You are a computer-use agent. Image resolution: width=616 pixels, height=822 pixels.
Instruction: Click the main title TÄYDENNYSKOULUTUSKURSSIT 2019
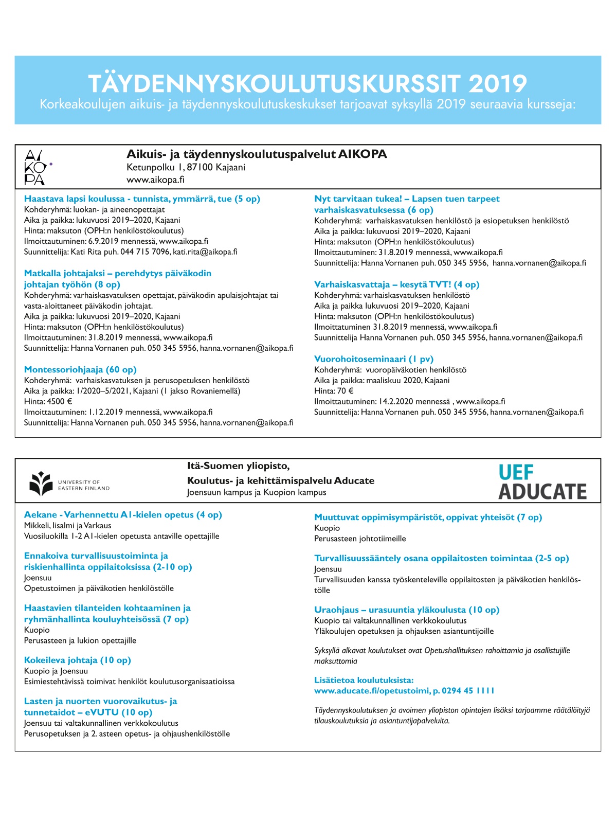307,83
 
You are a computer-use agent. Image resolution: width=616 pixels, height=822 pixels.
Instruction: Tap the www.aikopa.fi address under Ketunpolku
155,180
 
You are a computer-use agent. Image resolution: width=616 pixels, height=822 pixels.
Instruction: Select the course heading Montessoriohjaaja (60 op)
80,369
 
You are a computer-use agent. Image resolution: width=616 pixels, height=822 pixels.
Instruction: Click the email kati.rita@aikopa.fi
205,252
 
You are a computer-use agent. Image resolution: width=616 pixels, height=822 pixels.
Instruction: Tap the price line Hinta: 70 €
334,391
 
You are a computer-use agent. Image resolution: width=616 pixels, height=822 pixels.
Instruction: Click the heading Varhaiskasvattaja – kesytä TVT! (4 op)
396,284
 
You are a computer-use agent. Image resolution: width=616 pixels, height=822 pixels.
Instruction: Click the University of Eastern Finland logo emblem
41,484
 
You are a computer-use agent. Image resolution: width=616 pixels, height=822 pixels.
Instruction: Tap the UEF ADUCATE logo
542,483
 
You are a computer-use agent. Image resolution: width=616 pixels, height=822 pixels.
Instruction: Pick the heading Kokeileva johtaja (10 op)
77,660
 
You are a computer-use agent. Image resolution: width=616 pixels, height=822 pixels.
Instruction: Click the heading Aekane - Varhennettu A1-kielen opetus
123,514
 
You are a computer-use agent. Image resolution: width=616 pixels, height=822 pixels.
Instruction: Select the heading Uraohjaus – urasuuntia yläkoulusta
407,610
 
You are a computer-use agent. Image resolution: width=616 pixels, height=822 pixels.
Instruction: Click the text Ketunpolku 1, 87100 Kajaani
186,167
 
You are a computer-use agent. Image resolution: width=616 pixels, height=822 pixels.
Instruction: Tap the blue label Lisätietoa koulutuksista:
364,680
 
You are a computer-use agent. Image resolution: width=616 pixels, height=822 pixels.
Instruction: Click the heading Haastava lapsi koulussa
142,199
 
